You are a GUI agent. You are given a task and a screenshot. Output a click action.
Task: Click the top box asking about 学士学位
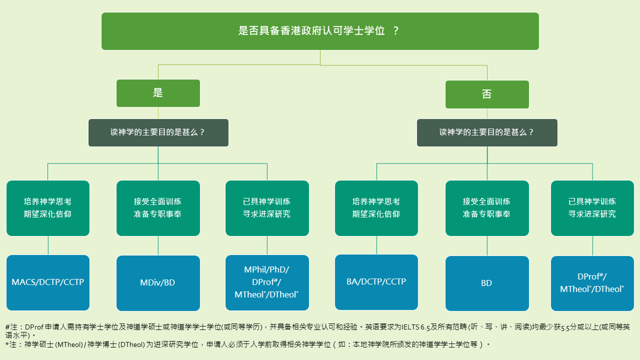point(320,31)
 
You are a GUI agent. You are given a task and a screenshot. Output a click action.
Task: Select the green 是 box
point(158,93)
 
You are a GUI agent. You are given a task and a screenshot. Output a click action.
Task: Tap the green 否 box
point(487,94)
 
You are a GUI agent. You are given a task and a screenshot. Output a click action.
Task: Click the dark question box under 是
point(158,132)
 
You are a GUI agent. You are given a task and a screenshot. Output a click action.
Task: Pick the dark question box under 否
point(487,132)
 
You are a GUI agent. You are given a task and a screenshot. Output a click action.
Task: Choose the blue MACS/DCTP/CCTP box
point(48,282)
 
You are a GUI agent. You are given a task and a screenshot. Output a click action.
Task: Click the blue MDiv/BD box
point(158,283)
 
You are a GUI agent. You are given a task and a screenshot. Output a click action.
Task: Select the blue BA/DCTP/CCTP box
point(376,282)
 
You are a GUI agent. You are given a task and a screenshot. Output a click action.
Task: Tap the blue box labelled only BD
point(487,283)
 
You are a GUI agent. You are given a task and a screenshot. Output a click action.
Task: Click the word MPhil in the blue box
point(255,269)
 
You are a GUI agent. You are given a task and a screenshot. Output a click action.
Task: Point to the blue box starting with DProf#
point(592,283)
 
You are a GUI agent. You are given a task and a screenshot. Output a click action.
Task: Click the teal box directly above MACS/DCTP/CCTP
point(48,208)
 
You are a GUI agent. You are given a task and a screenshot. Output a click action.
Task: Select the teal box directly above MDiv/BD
point(158,208)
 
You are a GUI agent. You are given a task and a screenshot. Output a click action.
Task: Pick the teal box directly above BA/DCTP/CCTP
point(376,208)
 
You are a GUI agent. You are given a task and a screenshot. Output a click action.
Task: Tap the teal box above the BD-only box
point(487,208)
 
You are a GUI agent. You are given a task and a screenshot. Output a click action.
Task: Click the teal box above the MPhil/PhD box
point(267,208)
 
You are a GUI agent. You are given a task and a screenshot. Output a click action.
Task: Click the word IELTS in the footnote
point(410,327)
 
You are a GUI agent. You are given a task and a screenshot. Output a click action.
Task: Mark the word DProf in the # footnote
point(34,327)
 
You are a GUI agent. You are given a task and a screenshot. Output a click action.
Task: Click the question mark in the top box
point(395,31)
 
